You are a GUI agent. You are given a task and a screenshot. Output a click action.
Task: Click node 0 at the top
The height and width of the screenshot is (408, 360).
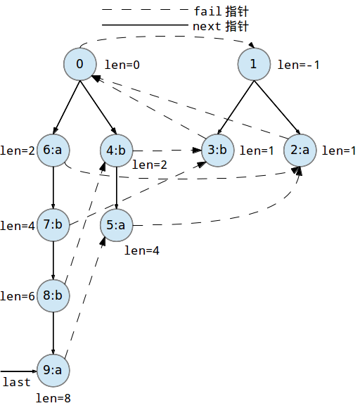tap(79, 65)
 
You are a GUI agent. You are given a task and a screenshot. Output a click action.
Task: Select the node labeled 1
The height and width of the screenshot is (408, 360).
tap(254, 65)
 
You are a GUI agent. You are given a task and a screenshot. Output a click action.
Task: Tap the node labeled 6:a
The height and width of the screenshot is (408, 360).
tap(53, 150)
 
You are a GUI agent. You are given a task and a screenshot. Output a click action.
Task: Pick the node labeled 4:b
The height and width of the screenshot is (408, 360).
tap(115, 150)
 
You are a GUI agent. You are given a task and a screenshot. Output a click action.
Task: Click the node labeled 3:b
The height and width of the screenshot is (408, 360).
tap(217, 150)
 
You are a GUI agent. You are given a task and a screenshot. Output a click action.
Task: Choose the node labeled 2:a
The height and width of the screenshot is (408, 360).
tap(302, 150)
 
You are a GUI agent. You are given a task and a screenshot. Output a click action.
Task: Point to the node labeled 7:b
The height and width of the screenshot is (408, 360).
tap(53, 225)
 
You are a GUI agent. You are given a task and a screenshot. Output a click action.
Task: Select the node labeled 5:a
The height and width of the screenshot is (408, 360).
tap(115, 225)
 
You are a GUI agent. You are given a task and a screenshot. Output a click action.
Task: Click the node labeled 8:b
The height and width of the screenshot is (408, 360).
tap(53, 296)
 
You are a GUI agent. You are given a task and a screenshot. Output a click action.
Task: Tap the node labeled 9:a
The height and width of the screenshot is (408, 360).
tap(53, 370)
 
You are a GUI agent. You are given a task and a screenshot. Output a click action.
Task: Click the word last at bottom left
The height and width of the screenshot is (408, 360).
tap(17, 382)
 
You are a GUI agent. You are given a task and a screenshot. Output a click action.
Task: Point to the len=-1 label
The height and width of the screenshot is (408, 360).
tap(299, 65)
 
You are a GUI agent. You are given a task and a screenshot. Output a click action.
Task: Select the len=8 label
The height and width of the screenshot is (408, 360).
tap(53, 398)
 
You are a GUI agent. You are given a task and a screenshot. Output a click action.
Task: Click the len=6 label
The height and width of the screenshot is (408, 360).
tap(18, 296)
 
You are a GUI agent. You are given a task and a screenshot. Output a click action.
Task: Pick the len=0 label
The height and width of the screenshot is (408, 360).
tap(122, 65)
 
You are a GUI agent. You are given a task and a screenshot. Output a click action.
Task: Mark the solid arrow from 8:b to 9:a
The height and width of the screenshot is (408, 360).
tap(53, 333)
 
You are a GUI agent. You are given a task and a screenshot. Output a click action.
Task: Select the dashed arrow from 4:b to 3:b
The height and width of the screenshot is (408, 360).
tap(166, 150)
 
